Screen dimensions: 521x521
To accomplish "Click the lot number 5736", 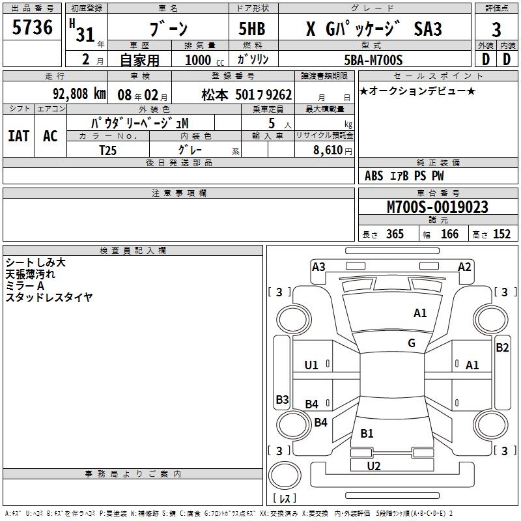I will click(x=32, y=27).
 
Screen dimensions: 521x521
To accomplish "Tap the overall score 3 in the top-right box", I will click(x=496, y=29).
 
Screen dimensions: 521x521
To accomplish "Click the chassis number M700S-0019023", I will click(x=437, y=207).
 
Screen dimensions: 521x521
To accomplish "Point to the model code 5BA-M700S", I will click(x=373, y=60).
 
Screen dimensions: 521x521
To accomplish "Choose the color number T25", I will click(x=108, y=150).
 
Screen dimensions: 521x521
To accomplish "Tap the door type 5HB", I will click(x=252, y=29).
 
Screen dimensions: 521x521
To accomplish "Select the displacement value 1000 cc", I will click(x=204, y=60).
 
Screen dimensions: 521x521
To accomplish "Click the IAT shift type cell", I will click(x=18, y=136).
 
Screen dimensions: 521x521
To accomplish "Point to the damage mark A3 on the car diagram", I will click(x=318, y=266).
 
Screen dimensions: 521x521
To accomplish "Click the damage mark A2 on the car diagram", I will click(x=464, y=266).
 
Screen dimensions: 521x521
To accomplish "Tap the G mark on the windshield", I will click(x=412, y=343).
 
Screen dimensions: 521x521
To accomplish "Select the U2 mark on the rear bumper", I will click(x=374, y=466).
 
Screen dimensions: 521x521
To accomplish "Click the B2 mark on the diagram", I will click(x=502, y=348).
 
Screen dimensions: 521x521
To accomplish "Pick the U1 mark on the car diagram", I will click(x=311, y=365).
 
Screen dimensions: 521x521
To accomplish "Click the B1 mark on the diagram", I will click(x=367, y=434).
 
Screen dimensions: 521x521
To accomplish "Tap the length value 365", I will click(x=394, y=234).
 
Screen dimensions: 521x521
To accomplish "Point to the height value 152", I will click(x=501, y=234).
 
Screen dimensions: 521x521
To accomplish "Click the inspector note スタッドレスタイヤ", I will click(x=49, y=297).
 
